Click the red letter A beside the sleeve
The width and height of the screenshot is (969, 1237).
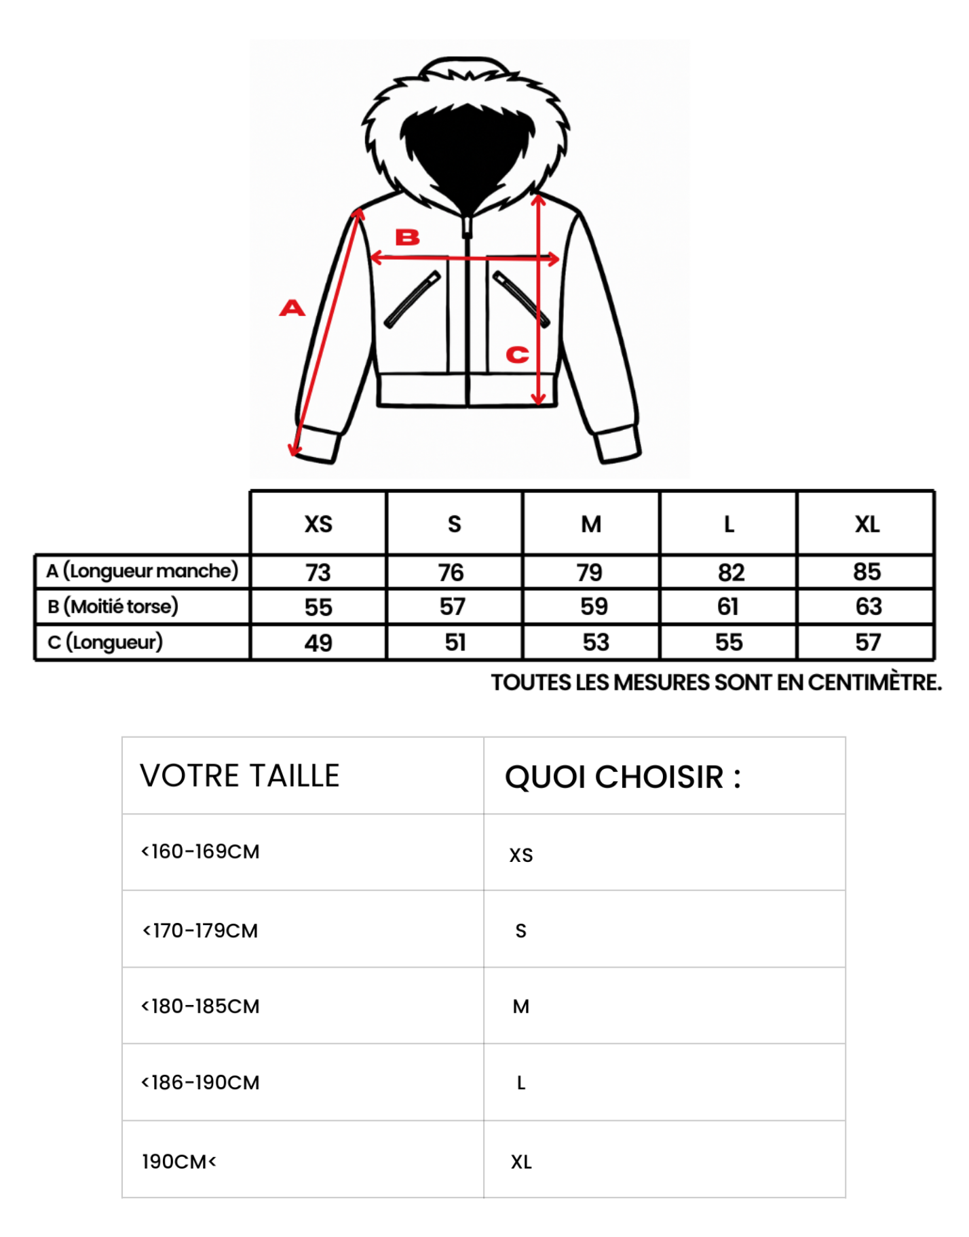pos(292,308)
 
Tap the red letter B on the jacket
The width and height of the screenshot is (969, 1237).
pos(408,237)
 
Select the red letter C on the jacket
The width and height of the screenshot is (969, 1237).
pos(517,354)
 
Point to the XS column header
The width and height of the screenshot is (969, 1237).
pos(318,524)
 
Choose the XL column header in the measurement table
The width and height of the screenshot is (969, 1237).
pos(867,524)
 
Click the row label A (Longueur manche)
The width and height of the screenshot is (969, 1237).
pos(142,571)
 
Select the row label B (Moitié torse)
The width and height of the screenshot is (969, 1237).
pos(113,606)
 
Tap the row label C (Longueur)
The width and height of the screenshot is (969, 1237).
pos(105,642)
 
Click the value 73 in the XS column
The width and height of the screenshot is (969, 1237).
pos(318,572)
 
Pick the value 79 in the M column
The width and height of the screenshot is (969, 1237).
pos(590,572)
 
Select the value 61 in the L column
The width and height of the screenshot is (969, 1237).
pos(728,606)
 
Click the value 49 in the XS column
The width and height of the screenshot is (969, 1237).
pos(318,642)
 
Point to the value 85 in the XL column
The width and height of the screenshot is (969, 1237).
pos(867,572)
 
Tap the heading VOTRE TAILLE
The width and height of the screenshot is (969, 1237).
pos(240,776)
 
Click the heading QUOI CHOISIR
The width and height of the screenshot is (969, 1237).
pos(622,777)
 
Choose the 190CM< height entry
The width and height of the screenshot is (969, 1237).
pos(178,1162)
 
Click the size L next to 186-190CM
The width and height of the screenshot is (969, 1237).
pos(521,1083)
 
